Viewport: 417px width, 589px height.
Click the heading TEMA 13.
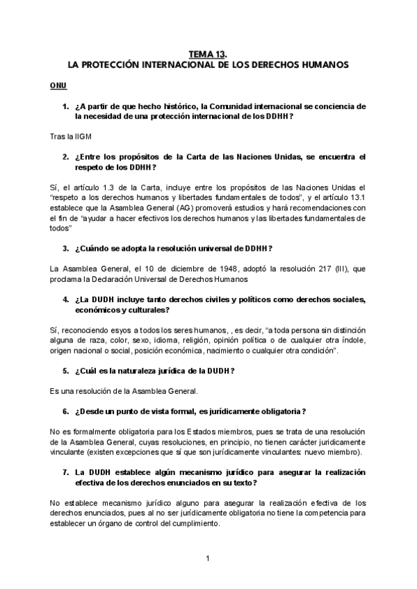coord(208,52)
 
